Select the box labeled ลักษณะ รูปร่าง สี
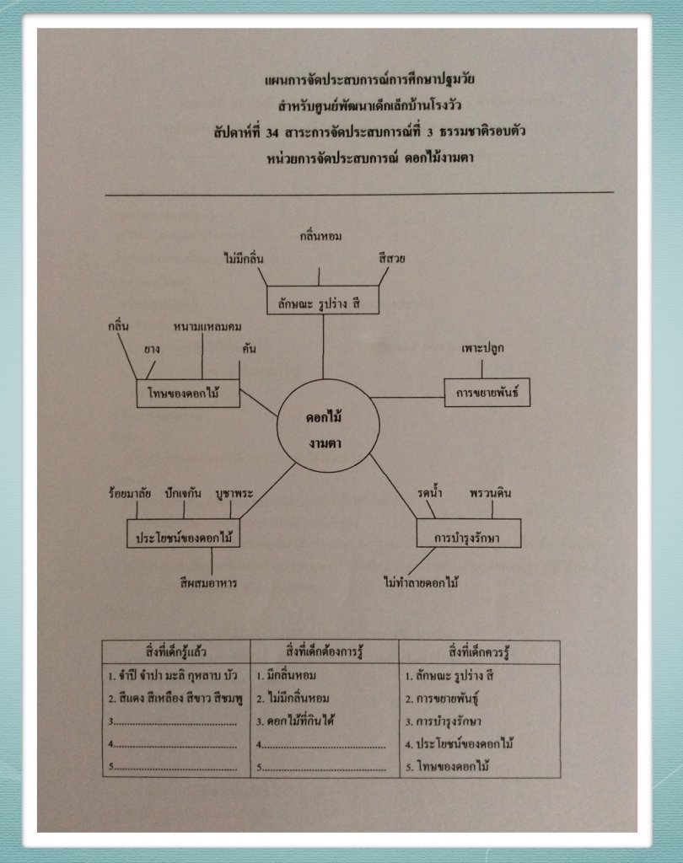pos(323,300)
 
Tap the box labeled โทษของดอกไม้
pos(188,394)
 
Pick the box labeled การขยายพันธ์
pos(487,393)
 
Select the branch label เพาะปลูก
pos(483,348)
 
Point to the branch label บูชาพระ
pos(234,492)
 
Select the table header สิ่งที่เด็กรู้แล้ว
pos(175,651)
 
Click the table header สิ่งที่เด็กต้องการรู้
pos(325,651)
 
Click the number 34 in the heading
pos(275,132)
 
